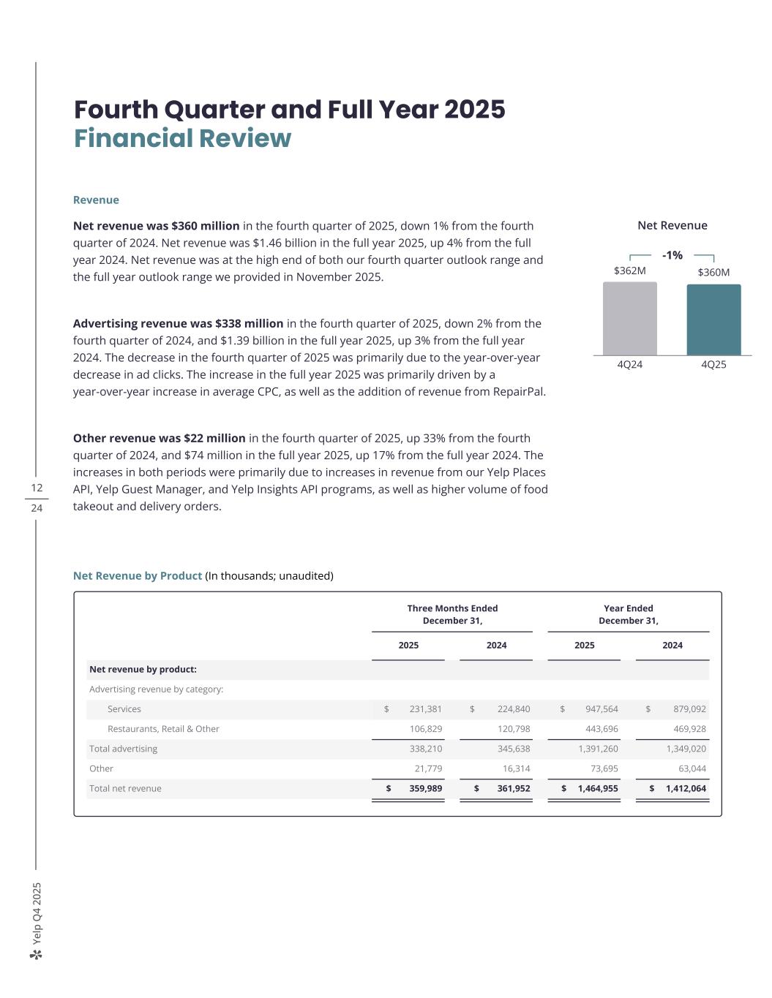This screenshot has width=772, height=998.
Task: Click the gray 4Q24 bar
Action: click(x=629, y=319)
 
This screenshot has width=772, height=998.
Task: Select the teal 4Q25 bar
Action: click(x=713, y=320)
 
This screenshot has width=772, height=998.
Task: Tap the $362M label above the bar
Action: click(x=629, y=271)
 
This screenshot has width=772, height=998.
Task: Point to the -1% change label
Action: click(x=672, y=255)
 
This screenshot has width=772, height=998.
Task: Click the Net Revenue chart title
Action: click(x=672, y=225)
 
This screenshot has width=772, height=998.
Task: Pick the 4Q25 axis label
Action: click(x=713, y=364)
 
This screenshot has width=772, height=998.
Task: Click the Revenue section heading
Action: click(x=96, y=200)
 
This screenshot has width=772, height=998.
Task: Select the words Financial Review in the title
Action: click(x=182, y=138)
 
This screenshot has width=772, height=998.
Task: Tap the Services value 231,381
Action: click(x=425, y=709)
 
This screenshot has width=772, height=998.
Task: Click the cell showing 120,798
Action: click(x=513, y=729)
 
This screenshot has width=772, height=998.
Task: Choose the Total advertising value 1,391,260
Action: click(x=598, y=749)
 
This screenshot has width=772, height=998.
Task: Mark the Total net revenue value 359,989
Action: click(x=425, y=788)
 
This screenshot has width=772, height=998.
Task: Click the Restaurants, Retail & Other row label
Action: click(x=163, y=729)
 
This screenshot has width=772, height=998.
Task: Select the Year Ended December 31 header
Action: click(x=628, y=614)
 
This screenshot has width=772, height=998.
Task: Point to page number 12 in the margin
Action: click(x=37, y=488)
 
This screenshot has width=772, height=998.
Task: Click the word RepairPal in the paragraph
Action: click(x=520, y=391)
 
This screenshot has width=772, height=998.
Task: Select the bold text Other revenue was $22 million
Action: click(x=159, y=438)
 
